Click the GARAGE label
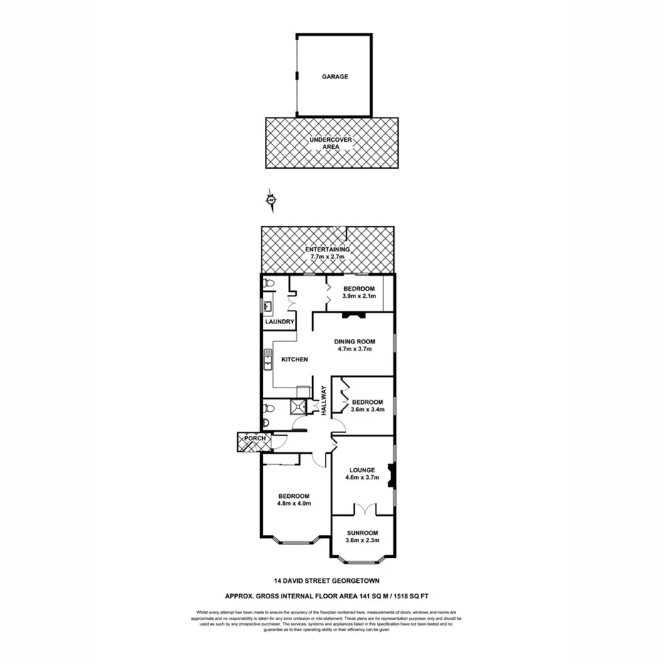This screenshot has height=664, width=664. (334, 76)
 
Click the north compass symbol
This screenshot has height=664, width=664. (271, 201)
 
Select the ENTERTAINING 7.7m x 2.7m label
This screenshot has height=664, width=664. (327, 254)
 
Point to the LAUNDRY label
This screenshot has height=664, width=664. (279, 322)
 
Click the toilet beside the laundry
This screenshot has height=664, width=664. (269, 284)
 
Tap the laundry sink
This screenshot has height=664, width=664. (269, 307)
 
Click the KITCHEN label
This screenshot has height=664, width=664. (294, 360)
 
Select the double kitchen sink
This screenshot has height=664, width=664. (268, 360)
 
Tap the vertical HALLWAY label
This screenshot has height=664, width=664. (323, 400)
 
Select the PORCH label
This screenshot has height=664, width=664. (254, 438)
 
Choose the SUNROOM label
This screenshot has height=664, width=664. (362, 533)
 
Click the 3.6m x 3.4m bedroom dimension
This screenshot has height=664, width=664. (368, 410)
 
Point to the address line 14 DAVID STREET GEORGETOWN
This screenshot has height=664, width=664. (331, 580)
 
